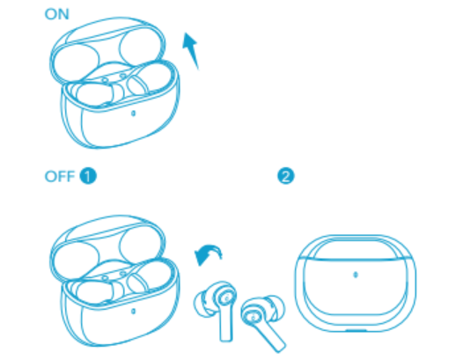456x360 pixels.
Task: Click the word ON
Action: [x=56, y=14]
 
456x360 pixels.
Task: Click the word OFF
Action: [x=59, y=176]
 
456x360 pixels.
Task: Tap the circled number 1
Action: [x=87, y=176]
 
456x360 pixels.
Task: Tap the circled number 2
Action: [x=284, y=176]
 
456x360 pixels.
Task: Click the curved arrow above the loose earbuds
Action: [x=208, y=256]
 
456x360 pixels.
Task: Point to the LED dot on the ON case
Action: [x=131, y=114]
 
